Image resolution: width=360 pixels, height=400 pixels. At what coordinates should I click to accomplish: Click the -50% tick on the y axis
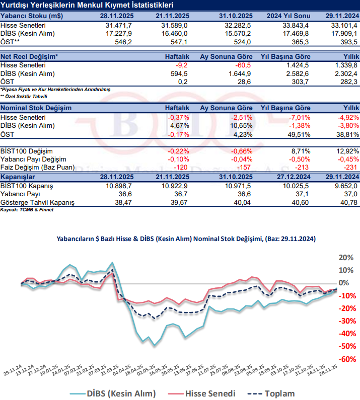point(346,346)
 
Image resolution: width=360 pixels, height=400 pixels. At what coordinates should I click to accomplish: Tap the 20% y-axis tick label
point(346,257)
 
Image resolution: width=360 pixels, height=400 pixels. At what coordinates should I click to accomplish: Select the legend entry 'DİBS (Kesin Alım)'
point(120,393)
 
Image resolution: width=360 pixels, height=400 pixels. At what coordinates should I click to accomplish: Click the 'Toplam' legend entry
point(277,393)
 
